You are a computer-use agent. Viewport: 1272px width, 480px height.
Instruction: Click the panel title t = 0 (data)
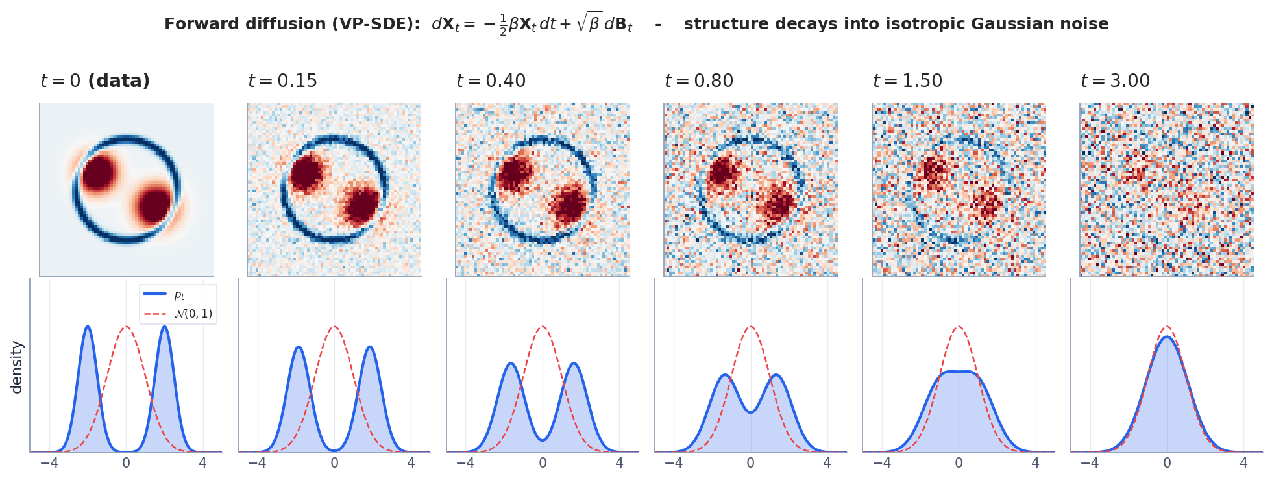coord(95,81)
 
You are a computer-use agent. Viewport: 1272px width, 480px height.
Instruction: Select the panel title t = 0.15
coord(282,81)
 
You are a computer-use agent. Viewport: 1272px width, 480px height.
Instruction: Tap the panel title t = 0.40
coord(491,81)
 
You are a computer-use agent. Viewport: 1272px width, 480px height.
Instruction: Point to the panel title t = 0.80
coord(699,81)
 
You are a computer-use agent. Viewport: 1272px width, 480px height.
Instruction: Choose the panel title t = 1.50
coord(907,81)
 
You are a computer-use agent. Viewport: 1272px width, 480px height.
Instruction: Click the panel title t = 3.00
coord(1115,81)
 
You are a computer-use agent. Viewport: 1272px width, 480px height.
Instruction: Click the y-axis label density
coord(17,368)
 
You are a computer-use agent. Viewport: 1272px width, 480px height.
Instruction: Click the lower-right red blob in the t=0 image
coord(155,206)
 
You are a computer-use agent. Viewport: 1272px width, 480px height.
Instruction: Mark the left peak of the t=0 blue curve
coord(88,327)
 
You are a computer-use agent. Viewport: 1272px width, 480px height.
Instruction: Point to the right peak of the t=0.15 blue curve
coord(370,347)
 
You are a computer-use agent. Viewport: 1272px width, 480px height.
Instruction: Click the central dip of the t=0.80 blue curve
coord(751,412)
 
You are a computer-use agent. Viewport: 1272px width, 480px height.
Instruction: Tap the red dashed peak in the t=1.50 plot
coord(959,327)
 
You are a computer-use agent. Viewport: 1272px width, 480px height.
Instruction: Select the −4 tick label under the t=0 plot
coord(49,463)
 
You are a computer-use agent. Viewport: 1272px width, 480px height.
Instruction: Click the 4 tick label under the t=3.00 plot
coord(1243,463)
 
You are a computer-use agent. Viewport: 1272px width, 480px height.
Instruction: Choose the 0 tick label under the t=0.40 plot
coord(543,463)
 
